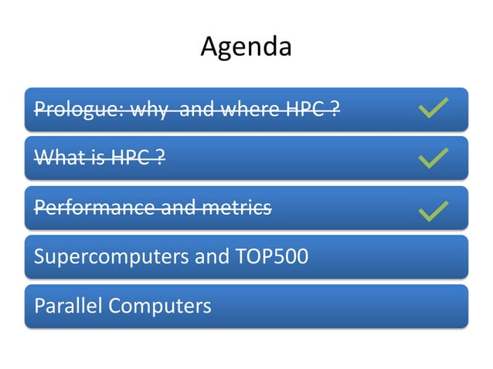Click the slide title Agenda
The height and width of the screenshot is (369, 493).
[246, 47]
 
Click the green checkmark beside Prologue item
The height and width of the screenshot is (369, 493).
[433, 109]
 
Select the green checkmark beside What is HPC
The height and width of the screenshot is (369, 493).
[433, 158]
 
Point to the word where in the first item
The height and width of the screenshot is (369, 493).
[250, 109]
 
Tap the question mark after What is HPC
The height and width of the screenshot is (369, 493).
[158, 158]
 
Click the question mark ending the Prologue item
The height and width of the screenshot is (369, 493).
[335, 109]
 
